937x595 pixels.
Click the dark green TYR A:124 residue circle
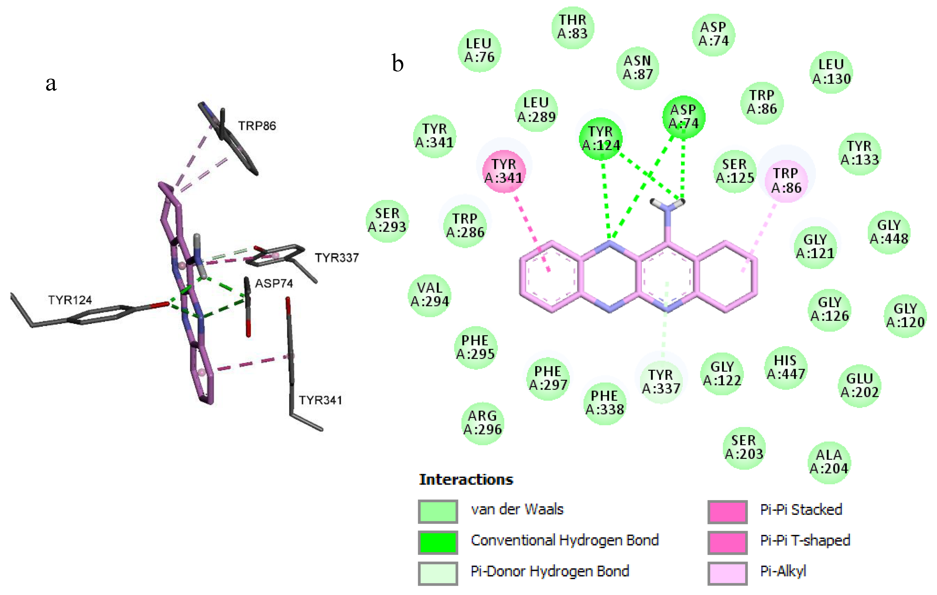click(600, 139)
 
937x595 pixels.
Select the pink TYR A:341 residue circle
click(504, 171)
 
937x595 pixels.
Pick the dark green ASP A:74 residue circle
click(684, 117)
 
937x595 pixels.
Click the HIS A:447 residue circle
click(785, 367)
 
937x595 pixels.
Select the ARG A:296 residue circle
click(482, 423)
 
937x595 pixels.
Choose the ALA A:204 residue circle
click(829, 462)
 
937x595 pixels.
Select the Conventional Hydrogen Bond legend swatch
click(438, 542)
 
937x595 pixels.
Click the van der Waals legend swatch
click(438, 511)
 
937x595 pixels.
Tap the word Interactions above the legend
click(466, 479)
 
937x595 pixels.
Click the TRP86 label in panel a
click(257, 126)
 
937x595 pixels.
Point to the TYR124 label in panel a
click(70, 300)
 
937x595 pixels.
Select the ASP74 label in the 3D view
click(274, 283)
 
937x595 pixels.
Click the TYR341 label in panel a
click(320, 400)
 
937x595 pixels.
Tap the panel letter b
click(397, 64)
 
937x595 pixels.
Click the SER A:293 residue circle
click(387, 221)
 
